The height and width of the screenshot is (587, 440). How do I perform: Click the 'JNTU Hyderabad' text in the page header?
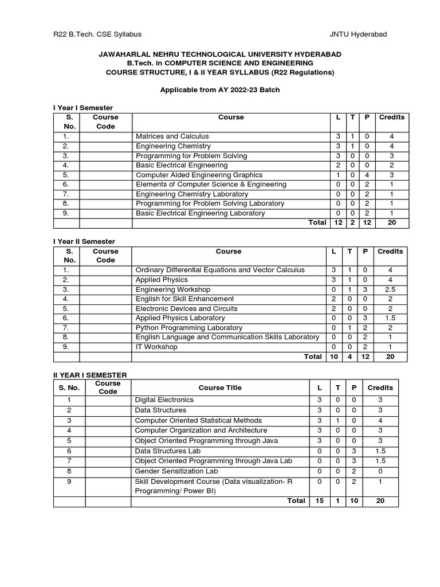[x=358, y=34]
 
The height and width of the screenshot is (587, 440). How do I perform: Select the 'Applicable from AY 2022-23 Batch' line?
[x=219, y=90]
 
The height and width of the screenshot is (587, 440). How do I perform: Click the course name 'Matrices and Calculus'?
[x=172, y=136]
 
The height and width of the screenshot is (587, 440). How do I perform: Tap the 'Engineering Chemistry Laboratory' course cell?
[x=192, y=194]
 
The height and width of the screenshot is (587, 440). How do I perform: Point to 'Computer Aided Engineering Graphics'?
[x=199, y=175]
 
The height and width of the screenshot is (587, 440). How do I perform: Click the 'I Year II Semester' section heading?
[x=84, y=241]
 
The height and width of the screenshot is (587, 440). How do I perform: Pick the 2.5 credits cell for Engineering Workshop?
[x=390, y=289]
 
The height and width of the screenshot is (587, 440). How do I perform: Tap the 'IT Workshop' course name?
[x=156, y=347]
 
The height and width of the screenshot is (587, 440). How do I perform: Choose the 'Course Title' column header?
[x=220, y=388]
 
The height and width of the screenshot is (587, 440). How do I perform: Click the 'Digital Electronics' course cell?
[x=164, y=400]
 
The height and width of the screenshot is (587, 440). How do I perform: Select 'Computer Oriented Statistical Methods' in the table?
[x=198, y=421]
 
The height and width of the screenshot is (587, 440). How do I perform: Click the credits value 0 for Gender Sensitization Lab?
[x=380, y=472]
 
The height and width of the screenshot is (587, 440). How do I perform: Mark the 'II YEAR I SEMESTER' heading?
[x=90, y=375]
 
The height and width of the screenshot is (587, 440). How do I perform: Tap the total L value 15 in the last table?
[x=319, y=501]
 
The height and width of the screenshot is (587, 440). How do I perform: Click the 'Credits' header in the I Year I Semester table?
[x=391, y=118]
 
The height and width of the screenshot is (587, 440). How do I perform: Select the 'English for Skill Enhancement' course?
[x=184, y=299]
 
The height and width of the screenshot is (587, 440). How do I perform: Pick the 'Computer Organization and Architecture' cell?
[x=201, y=431]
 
